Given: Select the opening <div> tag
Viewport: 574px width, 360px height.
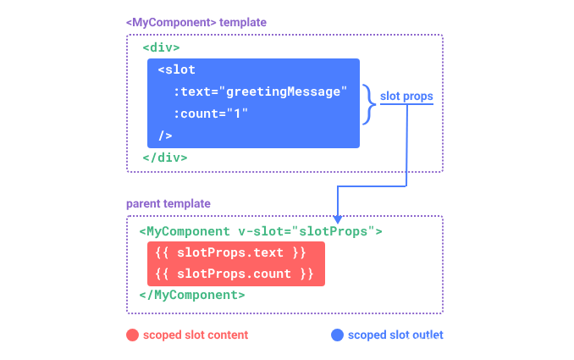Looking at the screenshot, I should pos(161,47).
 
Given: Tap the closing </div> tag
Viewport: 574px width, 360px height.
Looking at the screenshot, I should pos(165,157).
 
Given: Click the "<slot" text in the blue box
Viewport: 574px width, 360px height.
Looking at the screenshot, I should pos(176,69).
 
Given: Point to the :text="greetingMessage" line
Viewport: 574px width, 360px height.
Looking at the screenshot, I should pos(261,91).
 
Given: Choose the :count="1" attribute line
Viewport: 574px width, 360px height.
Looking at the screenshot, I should pos(211,114).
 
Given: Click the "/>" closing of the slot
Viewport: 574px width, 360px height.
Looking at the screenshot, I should pos(165,136).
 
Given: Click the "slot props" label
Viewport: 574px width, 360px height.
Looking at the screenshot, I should pos(406,97).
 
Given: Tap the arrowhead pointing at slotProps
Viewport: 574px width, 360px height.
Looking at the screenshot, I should pos(337,219).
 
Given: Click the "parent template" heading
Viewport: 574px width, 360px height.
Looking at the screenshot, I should pos(168,204).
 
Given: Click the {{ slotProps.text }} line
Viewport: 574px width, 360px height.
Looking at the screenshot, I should pos(231,252).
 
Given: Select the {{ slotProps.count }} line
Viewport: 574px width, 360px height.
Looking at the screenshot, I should pos(235,274).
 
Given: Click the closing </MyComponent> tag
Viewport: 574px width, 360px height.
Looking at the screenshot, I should pos(192,295).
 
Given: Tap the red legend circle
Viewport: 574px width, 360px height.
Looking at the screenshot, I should pos(132,335).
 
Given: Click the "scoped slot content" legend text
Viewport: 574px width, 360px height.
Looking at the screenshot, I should pos(196,335).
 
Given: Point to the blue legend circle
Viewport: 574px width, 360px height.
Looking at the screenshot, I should pos(337,335).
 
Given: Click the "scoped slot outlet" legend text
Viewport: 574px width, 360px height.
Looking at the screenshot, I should pos(395,335).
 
